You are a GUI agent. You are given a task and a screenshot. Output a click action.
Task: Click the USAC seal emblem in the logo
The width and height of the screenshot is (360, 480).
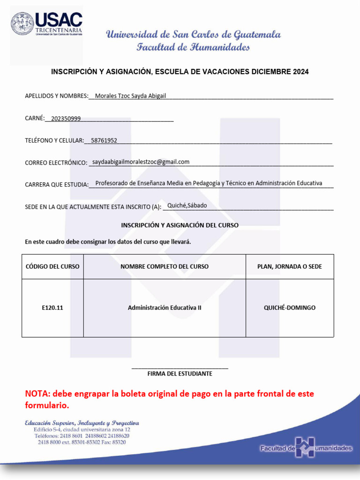tap(22, 24)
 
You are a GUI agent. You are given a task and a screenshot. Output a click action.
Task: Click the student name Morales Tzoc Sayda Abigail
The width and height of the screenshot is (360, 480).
tap(130, 96)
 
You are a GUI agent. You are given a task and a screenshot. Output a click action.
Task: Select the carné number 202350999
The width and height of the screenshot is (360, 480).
tap(66, 119)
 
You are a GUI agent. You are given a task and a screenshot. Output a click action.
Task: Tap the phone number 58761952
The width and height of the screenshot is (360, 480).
tap(104, 140)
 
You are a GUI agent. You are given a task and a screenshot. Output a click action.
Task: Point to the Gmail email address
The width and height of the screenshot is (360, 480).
tap(141, 162)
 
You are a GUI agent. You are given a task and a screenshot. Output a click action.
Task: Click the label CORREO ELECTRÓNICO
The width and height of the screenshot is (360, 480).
tap(56, 163)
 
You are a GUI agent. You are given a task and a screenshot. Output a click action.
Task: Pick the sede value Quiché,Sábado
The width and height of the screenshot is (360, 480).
tap(187, 205)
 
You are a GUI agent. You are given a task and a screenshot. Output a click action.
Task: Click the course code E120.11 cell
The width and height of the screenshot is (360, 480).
tap(52, 308)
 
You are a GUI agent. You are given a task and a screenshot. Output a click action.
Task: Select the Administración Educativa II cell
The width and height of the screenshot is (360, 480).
tap(165, 308)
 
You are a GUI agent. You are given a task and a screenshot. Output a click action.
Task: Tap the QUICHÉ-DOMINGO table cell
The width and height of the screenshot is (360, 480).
tap(290, 308)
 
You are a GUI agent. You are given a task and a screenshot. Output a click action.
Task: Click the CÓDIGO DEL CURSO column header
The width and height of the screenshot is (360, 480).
tap(52, 267)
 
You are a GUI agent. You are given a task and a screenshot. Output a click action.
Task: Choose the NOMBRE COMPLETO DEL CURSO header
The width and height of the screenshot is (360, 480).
tap(165, 267)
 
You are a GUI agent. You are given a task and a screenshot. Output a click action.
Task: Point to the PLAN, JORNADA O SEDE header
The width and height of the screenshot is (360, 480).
tap(290, 267)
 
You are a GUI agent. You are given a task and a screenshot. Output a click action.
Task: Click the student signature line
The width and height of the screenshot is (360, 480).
tap(180, 368)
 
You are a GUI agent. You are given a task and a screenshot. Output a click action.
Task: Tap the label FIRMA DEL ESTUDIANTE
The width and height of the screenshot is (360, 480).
tap(180, 374)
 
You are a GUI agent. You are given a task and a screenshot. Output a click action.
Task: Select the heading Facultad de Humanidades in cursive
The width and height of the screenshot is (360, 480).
tap(193, 47)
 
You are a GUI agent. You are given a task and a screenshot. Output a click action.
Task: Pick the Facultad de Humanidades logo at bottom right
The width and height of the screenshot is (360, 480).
tap(306, 448)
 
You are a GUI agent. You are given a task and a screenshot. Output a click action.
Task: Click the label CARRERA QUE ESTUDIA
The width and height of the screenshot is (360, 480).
tap(56, 185)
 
